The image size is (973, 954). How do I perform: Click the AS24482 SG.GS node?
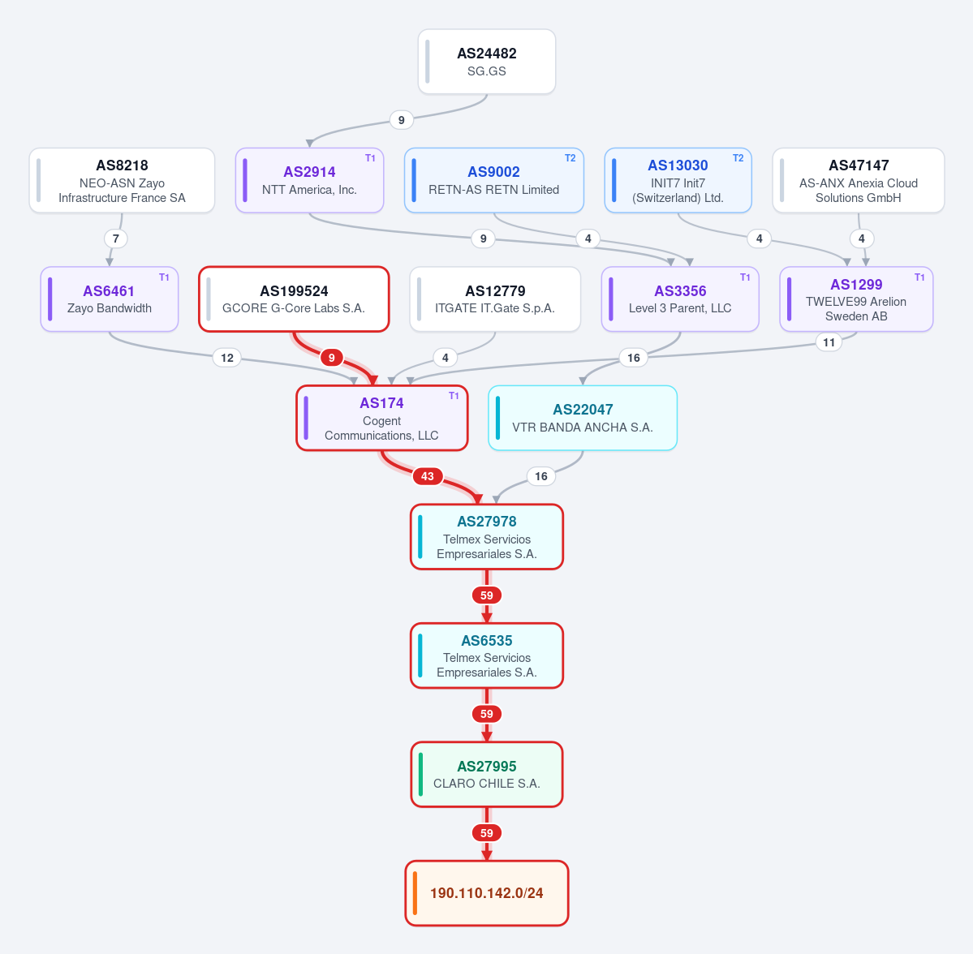(487, 62)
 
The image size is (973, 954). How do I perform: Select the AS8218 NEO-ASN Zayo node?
(122, 181)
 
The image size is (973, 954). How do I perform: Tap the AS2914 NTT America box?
(310, 181)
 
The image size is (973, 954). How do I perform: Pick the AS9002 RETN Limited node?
(494, 181)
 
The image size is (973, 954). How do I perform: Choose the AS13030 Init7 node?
(678, 181)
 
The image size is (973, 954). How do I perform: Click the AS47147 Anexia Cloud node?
(859, 181)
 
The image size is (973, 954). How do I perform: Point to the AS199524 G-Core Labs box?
(294, 299)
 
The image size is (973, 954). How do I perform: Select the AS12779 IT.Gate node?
(495, 299)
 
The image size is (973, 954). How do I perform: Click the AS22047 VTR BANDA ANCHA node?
(583, 418)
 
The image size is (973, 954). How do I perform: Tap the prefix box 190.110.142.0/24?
(487, 893)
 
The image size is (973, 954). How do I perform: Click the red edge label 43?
(428, 476)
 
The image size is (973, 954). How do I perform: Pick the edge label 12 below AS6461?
(227, 358)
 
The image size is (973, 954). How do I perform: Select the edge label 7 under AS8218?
(116, 238)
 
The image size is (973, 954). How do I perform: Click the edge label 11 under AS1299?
(829, 342)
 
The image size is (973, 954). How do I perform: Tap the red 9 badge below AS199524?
(331, 358)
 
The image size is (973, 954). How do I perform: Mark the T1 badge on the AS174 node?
(454, 396)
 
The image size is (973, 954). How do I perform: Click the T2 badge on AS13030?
(738, 158)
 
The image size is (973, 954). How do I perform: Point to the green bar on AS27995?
(420, 774)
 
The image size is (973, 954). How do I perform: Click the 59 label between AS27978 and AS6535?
(487, 595)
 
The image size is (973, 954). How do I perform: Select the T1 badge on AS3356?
(745, 277)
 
